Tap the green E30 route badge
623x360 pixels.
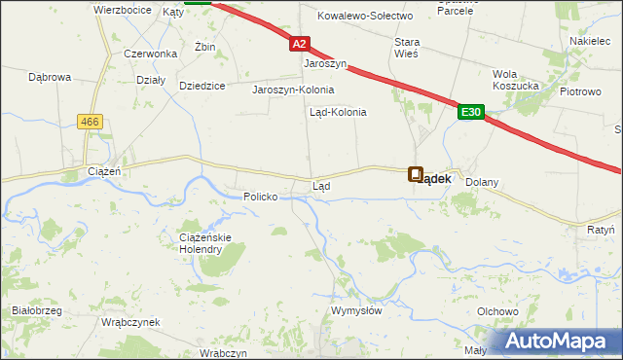point(471,113)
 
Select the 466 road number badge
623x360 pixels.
point(92,121)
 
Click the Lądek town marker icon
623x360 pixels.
point(416,175)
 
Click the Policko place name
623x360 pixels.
point(261,197)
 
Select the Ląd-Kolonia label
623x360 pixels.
point(338,112)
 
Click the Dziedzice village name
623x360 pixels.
point(202,86)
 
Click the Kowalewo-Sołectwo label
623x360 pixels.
point(366,17)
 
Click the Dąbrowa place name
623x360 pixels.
point(50,75)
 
